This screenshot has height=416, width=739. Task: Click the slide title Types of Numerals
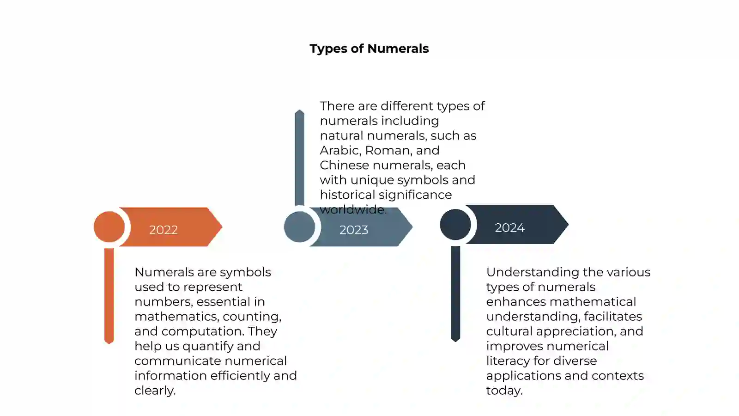369,49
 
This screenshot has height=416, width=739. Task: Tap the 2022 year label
164,230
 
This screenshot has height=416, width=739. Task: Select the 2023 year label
354,230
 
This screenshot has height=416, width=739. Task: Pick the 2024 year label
510,228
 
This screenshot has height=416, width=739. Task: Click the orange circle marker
109,227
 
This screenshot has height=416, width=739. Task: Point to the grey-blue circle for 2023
300,227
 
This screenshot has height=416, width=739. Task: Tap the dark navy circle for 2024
455,225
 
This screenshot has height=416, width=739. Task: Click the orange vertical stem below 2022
109,296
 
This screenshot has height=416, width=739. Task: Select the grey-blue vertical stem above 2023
300,158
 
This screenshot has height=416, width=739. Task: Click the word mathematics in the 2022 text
176,317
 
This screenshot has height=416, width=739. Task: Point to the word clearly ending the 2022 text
155,391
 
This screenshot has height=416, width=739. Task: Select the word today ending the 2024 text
504,391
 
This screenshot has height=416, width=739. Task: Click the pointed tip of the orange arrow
222,227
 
